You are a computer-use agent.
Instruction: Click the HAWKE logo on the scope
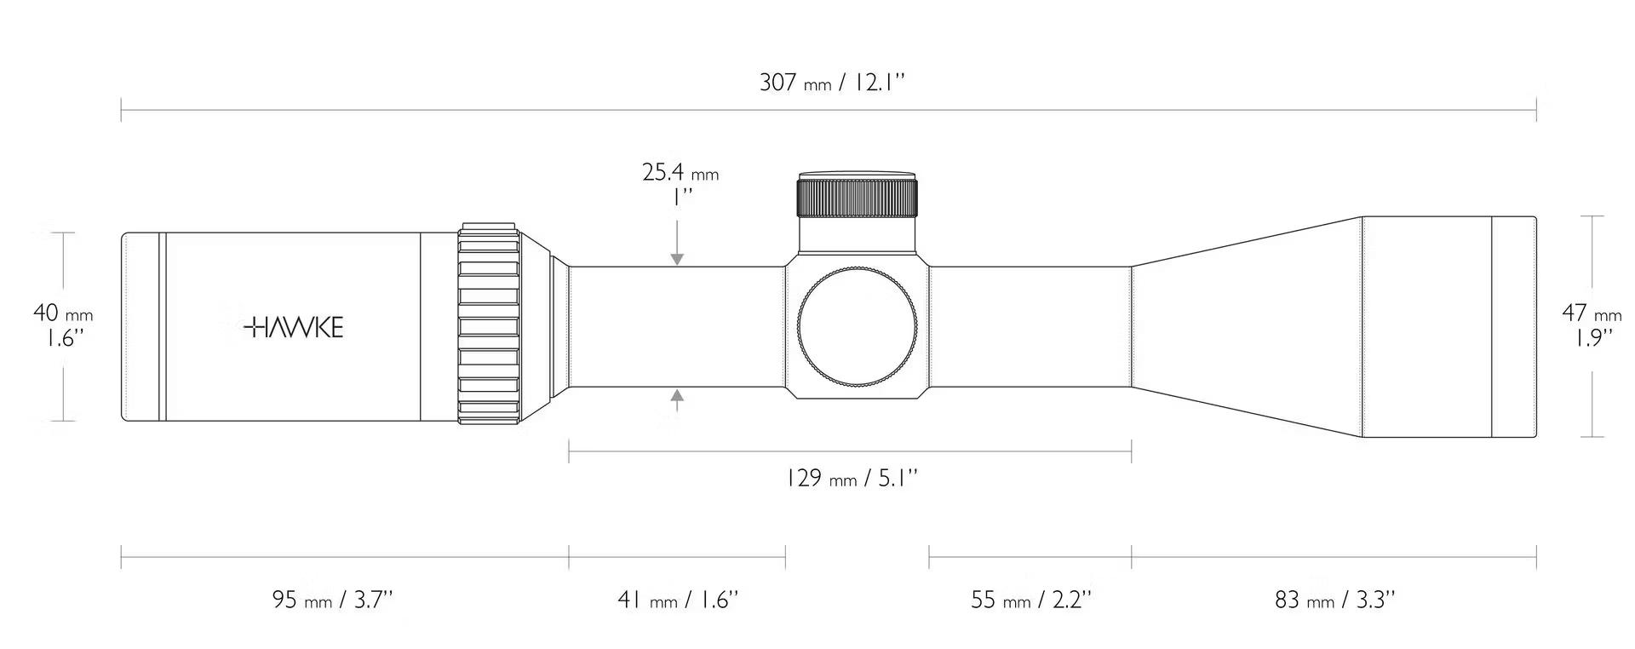pos(293,328)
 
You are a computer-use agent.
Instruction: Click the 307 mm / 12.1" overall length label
pos(832,83)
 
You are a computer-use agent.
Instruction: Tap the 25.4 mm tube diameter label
pos(680,173)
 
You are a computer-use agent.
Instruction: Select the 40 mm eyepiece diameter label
pos(63,313)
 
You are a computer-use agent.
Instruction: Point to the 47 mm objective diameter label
pos(1592,313)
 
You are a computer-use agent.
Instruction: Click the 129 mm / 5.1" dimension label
pos(852,478)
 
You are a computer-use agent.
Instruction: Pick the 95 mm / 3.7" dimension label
pos(333,600)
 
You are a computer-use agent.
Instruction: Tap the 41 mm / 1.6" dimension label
pos(678,600)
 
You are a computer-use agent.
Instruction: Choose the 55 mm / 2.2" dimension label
pos(1031,600)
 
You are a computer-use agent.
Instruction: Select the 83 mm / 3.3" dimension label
pos(1335,600)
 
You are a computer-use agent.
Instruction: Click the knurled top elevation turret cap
pos(858,196)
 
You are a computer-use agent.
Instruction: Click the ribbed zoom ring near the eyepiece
pos(489,324)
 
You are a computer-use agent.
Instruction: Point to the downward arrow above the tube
pos(677,243)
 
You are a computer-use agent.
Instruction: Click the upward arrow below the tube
pos(677,399)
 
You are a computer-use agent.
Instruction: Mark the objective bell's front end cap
pos(1514,327)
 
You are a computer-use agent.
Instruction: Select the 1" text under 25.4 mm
pos(682,198)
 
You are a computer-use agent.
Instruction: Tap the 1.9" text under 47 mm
pos(1592,338)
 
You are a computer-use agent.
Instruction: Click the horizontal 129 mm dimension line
pos(850,452)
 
